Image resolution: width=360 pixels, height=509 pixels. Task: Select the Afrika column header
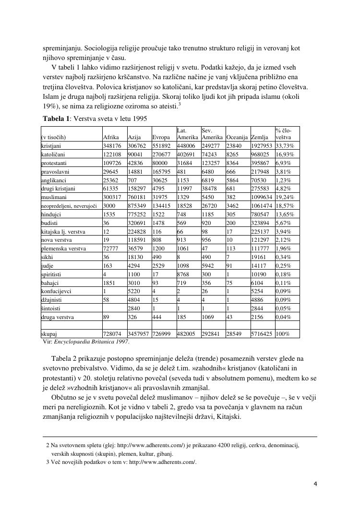coord(111,137)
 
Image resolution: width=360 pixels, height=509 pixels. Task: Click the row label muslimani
coord(54,197)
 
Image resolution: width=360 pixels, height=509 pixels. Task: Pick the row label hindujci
coord(52,214)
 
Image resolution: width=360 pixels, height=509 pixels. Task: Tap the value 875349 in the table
coord(137,206)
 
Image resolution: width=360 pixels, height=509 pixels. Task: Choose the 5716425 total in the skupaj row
coord(261,333)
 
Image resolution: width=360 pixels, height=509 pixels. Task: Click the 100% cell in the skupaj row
coord(283,333)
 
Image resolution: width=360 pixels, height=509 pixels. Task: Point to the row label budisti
coord(50,223)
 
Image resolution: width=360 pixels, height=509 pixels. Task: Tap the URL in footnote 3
coord(163,462)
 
